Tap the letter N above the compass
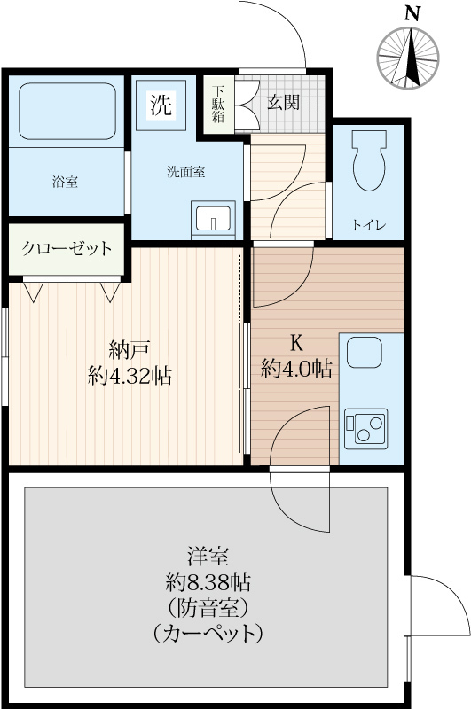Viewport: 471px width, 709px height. pyautogui.click(x=411, y=13)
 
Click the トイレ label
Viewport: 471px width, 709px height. pyautogui.click(x=369, y=224)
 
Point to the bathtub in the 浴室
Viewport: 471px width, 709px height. pyautogui.click(x=67, y=112)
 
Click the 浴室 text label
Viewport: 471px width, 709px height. pyautogui.click(x=64, y=183)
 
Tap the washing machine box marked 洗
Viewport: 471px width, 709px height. pyautogui.click(x=161, y=106)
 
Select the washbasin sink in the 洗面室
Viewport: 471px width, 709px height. pyautogui.click(x=212, y=217)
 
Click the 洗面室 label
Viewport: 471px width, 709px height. pyautogui.click(x=186, y=172)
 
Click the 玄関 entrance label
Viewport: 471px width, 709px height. pyautogui.click(x=284, y=102)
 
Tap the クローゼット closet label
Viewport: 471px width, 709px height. pyautogui.click(x=67, y=248)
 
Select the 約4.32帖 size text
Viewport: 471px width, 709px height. pyautogui.click(x=130, y=375)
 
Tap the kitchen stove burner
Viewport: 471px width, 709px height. pyautogui.click(x=364, y=428)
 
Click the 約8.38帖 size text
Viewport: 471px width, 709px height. pyautogui.click(x=208, y=582)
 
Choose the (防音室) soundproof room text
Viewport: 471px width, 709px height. pyautogui.click(x=208, y=608)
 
